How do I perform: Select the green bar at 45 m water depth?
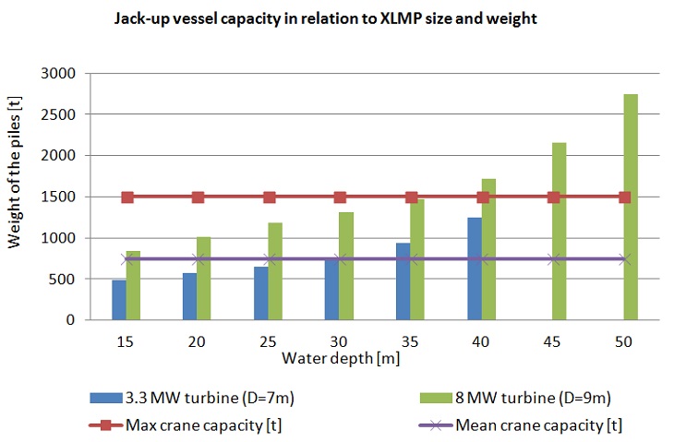coord(560,231)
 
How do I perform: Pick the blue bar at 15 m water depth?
coord(119,300)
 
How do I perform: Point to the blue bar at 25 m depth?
coord(261,293)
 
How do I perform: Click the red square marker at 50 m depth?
coord(624,197)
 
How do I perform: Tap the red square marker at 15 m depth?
coord(127,197)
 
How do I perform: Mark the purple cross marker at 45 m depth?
coord(553,259)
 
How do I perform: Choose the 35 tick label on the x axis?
coord(412,340)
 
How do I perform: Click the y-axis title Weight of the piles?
coord(16,197)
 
